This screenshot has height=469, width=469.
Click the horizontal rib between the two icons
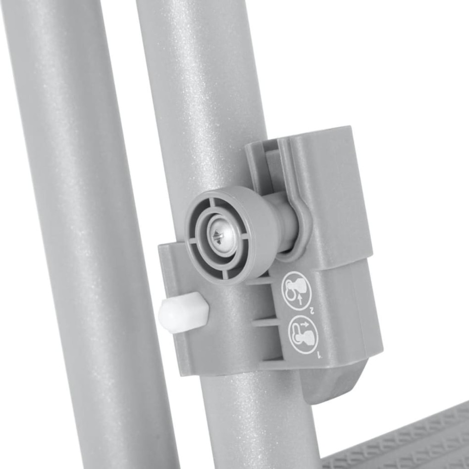pos(267,322)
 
